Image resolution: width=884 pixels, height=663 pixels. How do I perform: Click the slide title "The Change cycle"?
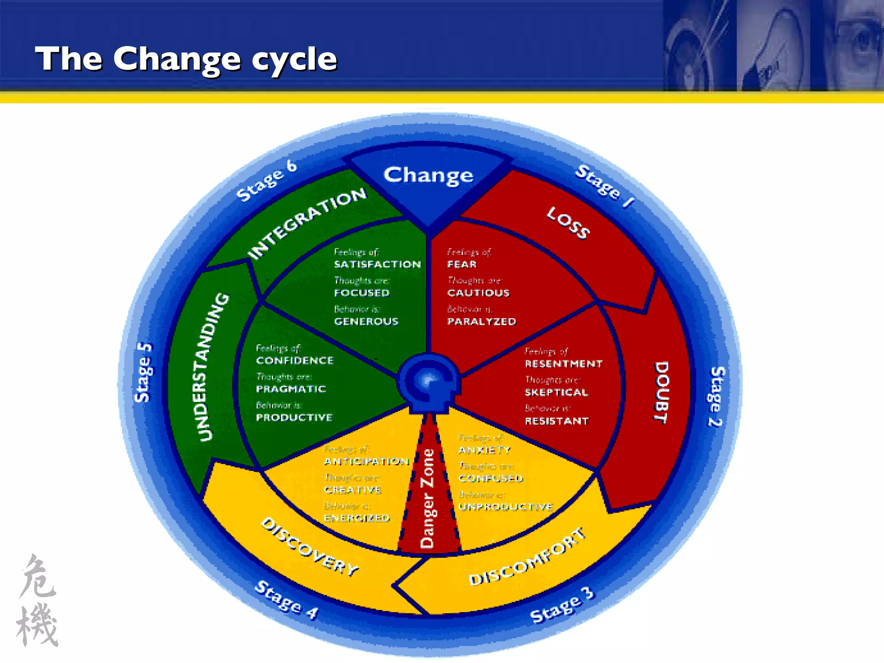(x=186, y=59)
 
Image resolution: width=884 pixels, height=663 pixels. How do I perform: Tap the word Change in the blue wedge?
(x=428, y=175)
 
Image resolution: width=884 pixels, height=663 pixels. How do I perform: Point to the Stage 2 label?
(x=716, y=396)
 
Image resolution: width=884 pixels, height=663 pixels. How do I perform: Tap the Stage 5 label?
(x=143, y=372)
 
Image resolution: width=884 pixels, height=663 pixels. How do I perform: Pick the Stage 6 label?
(x=266, y=181)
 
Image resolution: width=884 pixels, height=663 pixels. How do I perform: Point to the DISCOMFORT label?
(x=527, y=557)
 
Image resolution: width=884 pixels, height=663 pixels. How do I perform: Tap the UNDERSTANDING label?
(x=212, y=366)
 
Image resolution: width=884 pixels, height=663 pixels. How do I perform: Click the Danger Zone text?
(x=427, y=498)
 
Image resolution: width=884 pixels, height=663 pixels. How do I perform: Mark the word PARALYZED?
(x=481, y=322)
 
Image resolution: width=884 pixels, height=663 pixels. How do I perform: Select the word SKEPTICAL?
(x=556, y=392)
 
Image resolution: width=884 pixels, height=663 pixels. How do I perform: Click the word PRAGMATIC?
(x=291, y=389)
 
